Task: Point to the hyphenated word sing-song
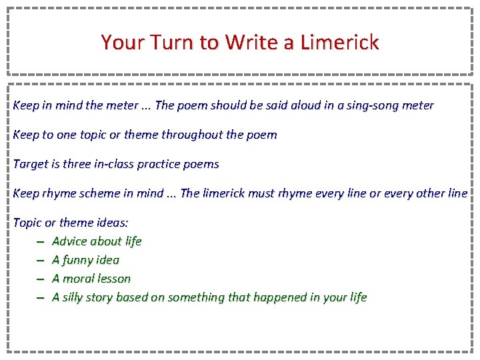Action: tap(373, 105)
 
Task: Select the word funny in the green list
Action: tap(78, 260)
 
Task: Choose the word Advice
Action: tap(70, 241)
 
